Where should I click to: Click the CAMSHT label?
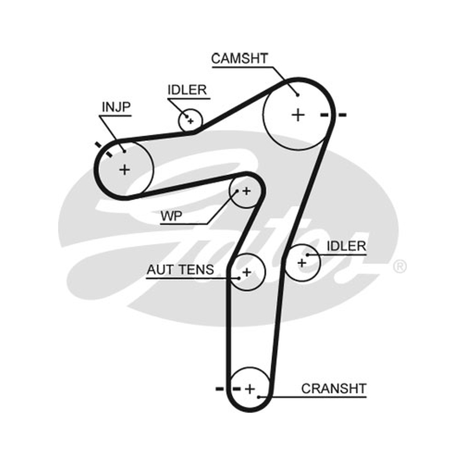(x=239, y=59)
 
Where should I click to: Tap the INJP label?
(x=116, y=107)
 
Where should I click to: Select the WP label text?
(x=171, y=216)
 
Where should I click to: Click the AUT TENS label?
(x=180, y=270)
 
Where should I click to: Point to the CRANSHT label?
(x=334, y=388)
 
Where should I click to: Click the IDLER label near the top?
(x=187, y=90)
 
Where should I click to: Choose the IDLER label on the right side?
(x=346, y=246)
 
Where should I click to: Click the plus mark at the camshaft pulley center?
(x=298, y=115)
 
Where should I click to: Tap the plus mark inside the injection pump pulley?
(x=124, y=170)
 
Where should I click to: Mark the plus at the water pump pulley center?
(x=246, y=191)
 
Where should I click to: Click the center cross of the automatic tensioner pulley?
(x=246, y=272)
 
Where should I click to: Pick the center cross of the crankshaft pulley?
(x=250, y=389)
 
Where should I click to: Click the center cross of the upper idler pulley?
(x=191, y=121)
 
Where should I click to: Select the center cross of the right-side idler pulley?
(x=302, y=263)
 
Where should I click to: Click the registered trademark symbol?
(x=400, y=266)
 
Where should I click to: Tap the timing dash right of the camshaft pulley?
(x=342, y=115)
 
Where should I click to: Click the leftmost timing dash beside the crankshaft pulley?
(x=220, y=389)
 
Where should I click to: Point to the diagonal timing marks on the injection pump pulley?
(x=104, y=149)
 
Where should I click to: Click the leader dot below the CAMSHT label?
(x=298, y=95)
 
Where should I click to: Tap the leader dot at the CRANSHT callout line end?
(x=259, y=397)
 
